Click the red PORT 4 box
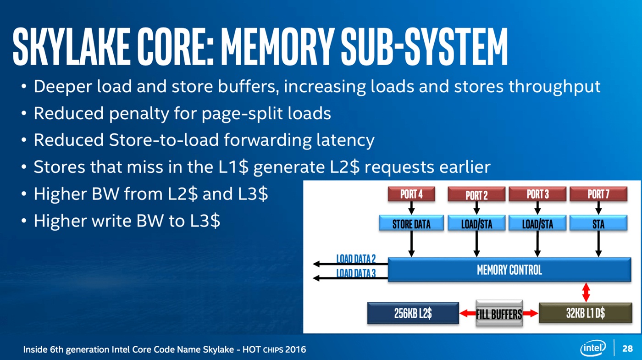click(x=411, y=194)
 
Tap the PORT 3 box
click(x=537, y=194)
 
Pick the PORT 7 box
click(x=598, y=194)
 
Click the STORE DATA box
click(x=411, y=224)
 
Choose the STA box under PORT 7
click(x=598, y=224)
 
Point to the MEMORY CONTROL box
click(x=509, y=270)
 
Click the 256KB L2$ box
click(x=413, y=313)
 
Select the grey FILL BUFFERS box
click(x=499, y=314)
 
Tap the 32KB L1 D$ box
click(x=585, y=313)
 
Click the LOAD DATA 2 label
click(x=356, y=259)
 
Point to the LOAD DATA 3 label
click(x=356, y=273)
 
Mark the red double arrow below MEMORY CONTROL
click(x=586, y=292)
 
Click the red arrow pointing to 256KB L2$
click(x=468, y=313)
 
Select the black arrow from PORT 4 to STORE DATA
click(x=411, y=208)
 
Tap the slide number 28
click(x=627, y=349)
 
